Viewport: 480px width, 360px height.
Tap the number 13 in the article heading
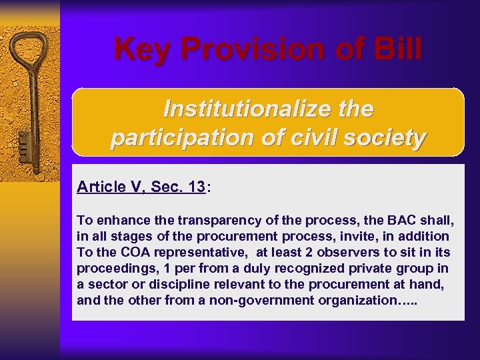[196, 187]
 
